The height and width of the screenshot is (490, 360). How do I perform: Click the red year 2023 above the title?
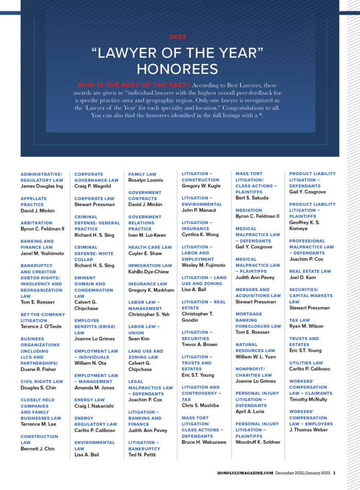177,37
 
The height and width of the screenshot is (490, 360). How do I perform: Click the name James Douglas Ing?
42,186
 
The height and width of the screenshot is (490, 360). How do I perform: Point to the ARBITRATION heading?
36,223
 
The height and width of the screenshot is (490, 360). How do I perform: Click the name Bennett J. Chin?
38,448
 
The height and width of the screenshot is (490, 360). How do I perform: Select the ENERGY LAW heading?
89,400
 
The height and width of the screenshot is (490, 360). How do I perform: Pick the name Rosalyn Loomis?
145,180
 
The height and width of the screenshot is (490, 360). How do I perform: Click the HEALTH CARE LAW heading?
150,247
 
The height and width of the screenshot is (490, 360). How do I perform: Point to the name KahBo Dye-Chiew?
148,271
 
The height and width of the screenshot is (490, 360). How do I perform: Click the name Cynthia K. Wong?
200,234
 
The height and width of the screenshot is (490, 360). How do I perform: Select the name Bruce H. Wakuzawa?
204,442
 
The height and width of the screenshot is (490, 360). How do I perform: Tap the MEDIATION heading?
249,210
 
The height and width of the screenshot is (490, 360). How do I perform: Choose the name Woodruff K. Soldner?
258,442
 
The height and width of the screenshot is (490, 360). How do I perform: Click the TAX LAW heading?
299,320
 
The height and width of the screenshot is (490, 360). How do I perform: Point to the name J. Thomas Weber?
309,430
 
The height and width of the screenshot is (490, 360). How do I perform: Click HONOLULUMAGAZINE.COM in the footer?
245,473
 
